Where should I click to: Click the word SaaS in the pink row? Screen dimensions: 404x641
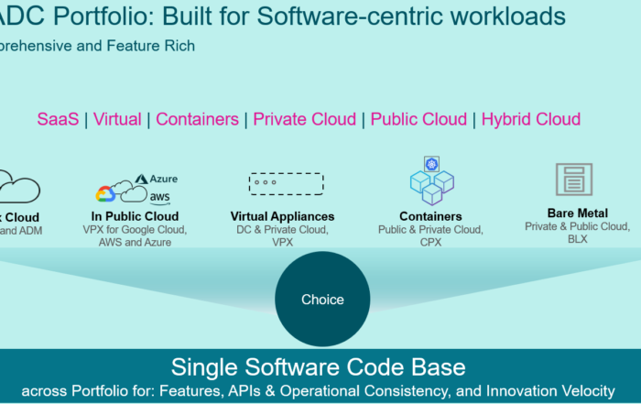[x=58, y=119]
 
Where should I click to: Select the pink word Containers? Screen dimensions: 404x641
[x=197, y=119]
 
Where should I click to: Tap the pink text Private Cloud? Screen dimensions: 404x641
[x=305, y=119]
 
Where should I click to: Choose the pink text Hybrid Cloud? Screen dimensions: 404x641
[x=531, y=119]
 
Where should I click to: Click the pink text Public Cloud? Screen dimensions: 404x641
[x=418, y=119]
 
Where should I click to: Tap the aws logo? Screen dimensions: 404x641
[x=160, y=196]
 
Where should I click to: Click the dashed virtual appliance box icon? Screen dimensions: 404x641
[x=286, y=183]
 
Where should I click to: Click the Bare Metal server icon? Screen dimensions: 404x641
[x=574, y=180]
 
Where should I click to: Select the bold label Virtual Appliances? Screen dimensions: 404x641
[x=282, y=216]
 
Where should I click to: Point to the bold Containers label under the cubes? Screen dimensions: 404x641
[x=430, y=216]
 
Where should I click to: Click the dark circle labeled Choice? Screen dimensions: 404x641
[x=322, y=299]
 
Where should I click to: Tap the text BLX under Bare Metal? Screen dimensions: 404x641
[x=577, y=239]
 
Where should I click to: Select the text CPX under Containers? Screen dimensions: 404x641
[x=430, y=243]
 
